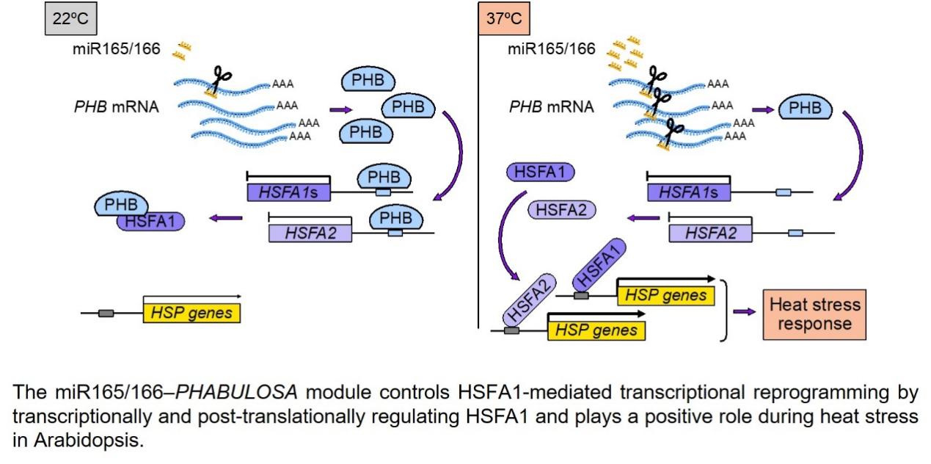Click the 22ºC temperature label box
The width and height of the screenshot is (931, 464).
(72, 18)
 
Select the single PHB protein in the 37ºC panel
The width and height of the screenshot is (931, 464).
(805, 109)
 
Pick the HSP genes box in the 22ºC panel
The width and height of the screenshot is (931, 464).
(191, 313)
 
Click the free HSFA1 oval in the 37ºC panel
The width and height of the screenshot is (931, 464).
(539, 173)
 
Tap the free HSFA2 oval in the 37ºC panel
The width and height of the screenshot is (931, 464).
(562, 210)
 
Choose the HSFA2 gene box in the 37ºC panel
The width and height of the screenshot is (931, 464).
(710, 233)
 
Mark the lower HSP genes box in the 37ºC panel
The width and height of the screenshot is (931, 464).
(596, 330)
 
